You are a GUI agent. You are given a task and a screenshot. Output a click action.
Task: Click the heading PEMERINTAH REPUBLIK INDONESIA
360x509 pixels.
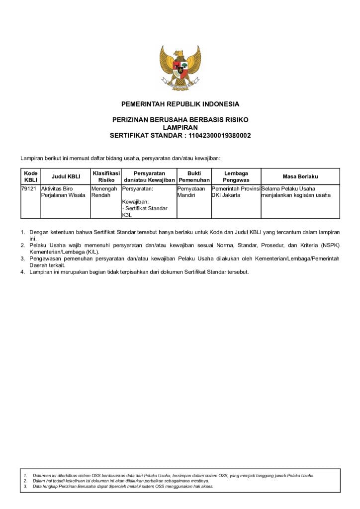click(x=180, y=104)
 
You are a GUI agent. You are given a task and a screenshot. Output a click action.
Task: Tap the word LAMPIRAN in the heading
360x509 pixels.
click(x=180, y=128)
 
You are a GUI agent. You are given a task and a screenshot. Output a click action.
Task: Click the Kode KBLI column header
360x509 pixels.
click(x=30, y=176)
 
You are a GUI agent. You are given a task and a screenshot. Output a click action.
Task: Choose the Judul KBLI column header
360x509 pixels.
click(x=66, y=176)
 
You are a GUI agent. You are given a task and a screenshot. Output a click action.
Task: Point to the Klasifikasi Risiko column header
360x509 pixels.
click(x=106, y=176)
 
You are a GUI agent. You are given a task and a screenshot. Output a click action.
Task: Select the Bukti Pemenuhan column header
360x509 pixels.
click(x=194, y=176)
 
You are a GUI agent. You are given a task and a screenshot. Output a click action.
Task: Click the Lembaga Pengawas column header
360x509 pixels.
click(x=236, y=176)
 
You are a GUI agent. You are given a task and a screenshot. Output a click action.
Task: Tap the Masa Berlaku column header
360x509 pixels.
click(x=300, y=176)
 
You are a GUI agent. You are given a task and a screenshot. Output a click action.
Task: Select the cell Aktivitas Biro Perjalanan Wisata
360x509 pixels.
click(x=64, y=192)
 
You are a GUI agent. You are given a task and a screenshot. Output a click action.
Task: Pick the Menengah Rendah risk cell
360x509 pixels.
click(x=104, y=192)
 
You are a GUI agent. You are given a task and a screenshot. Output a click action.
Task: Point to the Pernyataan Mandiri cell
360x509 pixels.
click(x=191, y=192)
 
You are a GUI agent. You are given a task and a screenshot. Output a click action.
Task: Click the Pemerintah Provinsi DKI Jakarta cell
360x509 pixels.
click(x=236, y=192)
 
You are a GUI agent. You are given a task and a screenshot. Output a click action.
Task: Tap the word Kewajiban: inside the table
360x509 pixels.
click(x=135, y=202)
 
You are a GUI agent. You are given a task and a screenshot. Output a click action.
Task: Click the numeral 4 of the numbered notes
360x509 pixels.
click(x=22, y=272)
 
